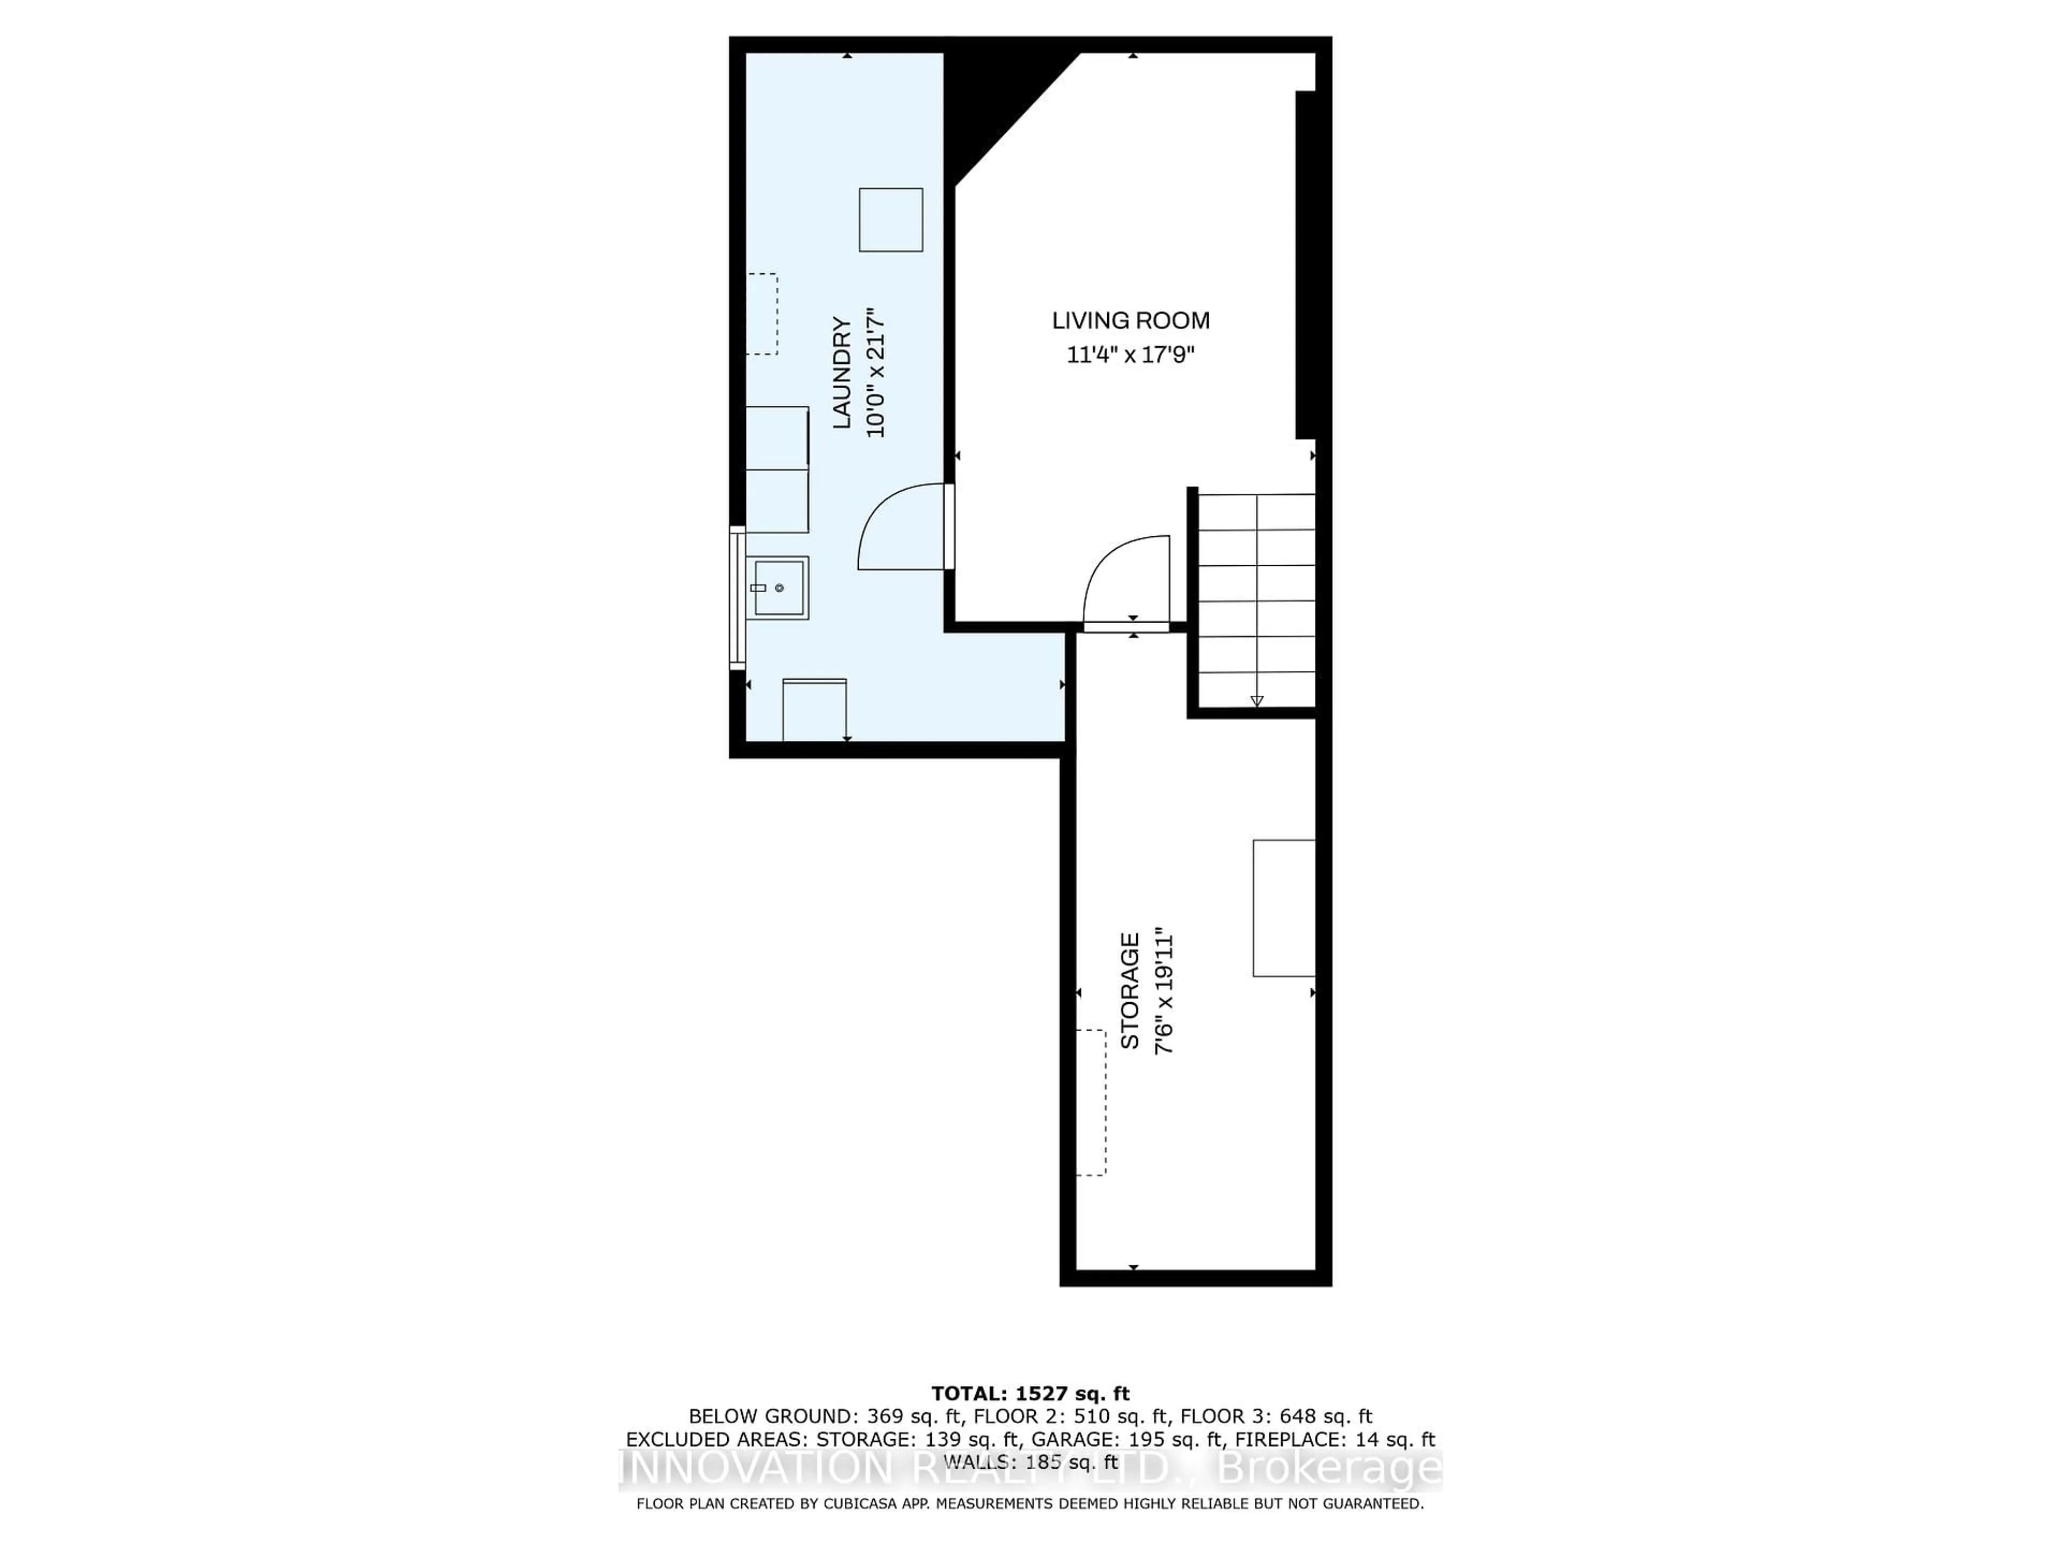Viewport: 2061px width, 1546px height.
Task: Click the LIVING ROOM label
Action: [x=1130, y=320]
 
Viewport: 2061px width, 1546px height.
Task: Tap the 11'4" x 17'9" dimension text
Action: [x=1130, y=355]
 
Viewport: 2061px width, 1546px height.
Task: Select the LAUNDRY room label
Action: [x=842, y=373]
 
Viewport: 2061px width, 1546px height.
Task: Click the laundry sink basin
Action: [x=779, y=588]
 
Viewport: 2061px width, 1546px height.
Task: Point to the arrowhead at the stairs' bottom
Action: [x=1256, y=701]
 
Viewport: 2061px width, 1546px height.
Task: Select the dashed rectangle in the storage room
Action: [x=1091, y=1103]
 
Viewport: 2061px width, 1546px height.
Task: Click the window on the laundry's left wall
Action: [x=737, y=597]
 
